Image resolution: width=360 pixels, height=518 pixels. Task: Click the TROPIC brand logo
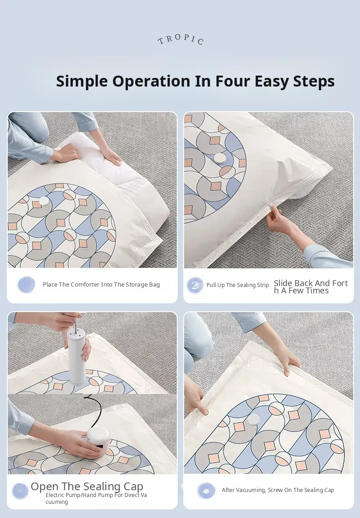click(x=180, y=39)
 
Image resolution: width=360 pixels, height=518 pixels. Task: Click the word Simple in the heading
click(x=82, y=81)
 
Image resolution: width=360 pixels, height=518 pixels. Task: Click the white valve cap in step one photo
click(x=44, y=201)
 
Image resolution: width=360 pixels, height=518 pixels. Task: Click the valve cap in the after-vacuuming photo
click(x=254, y=420)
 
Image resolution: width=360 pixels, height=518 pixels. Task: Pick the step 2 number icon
click(x=195, y=285)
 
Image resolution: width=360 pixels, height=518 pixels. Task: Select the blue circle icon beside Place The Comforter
click(x=26, y=284)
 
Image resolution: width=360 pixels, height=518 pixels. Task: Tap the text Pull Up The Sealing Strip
click(x=237, y=285)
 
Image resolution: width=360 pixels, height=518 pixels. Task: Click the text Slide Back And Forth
click(x=311, y=287)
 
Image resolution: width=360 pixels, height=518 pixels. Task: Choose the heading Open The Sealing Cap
click(x=87, y=486)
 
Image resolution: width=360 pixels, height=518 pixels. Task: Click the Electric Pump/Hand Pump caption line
click(x=96, y=498)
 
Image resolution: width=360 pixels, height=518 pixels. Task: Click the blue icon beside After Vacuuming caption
click(x=206, y=491)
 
